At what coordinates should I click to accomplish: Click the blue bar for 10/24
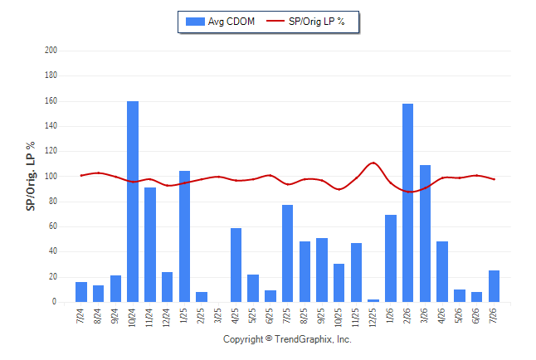click(x=133, y=202)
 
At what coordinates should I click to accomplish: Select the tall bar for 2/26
click(x=408, y=202)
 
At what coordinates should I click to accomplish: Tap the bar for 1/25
click(x=184, y=236)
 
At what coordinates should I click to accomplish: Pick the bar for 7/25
click(x=287, y=253)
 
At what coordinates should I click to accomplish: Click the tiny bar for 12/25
click(x=373, y=300)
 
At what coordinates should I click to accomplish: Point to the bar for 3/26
click(x=426, y=234)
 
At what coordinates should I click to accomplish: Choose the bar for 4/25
click(x=236, y=265)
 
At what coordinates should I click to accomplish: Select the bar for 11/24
click(x=150, y=245)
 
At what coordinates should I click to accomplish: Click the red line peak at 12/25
click(x=373, y=163)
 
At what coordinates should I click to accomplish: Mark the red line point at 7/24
click(x=81, y=175)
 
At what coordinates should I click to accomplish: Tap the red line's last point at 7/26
click(x=494, y=179)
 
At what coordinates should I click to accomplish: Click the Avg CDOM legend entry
click(x=220, y=22)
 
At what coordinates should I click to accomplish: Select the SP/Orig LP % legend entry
click(x=305, y=22)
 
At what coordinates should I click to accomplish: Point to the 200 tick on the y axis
click(x=51, y=51)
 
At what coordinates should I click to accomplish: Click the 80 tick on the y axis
click(x=53, y=202)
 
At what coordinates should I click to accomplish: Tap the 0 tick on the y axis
click(x=55, y=302)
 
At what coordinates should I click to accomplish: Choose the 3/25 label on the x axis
click(x=218, y=315)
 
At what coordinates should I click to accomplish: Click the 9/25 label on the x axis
click(x=321, y=315)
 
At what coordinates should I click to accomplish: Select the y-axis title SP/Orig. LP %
click(x=31, y=176)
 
